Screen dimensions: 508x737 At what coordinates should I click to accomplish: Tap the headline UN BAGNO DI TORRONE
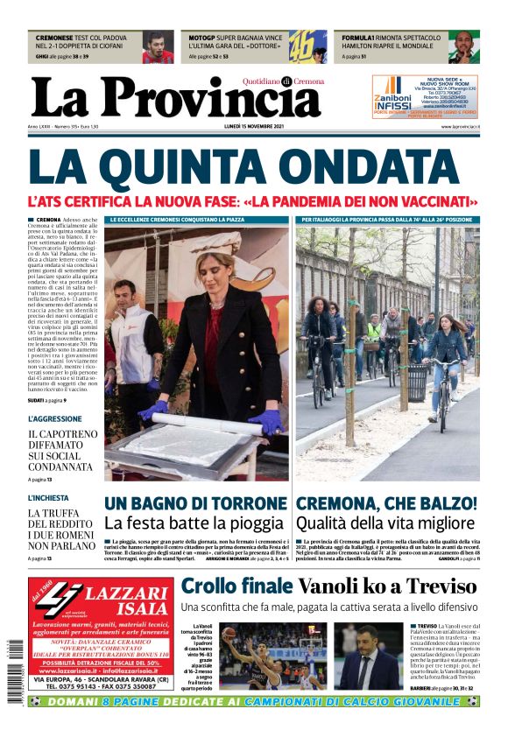(x=196, y=503)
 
